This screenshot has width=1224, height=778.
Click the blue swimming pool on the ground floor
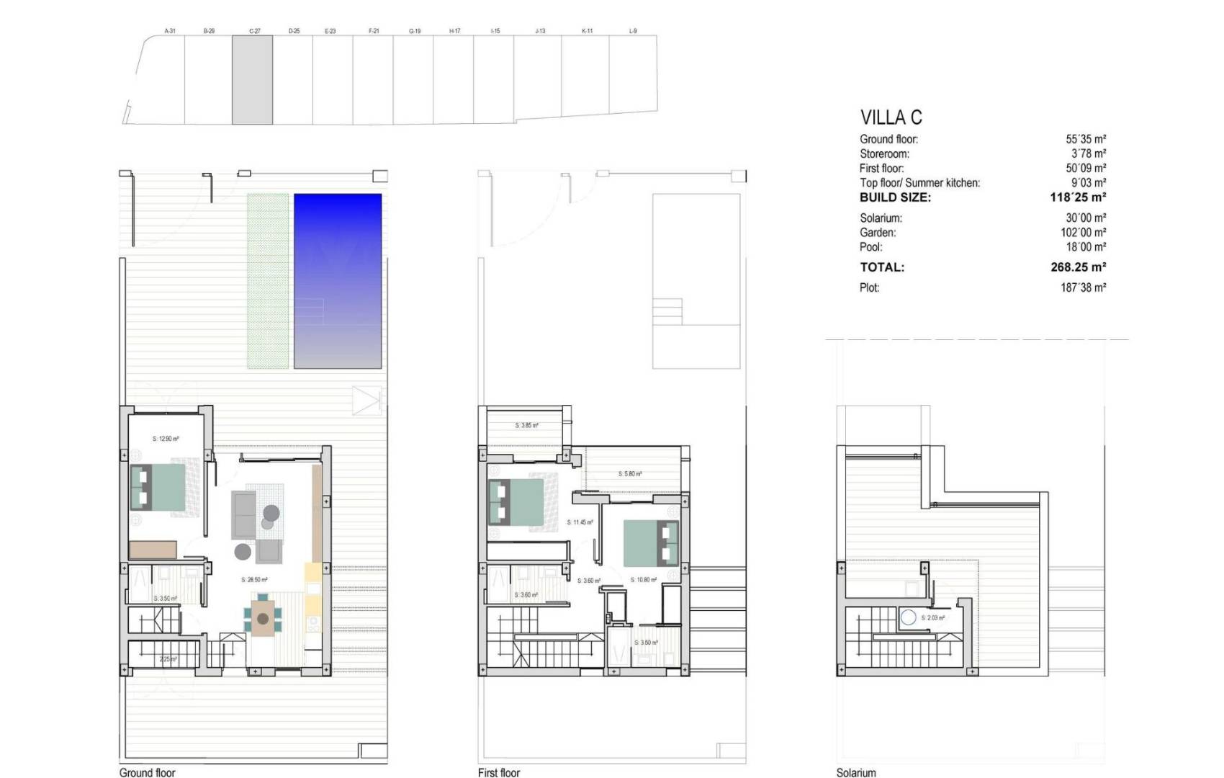(x=338, y=281)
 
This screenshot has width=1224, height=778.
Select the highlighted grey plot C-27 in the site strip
(x=252, y=80)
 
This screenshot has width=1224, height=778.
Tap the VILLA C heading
(x=891, y=117)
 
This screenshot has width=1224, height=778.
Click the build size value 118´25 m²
(x=1078, y=197)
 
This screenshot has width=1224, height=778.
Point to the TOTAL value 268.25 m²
(x=1078, y=267)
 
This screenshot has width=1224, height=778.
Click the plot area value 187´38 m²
(x=1083, y=287)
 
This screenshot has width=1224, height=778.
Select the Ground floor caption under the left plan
(x=148, y=772)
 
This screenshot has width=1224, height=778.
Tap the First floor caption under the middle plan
(x=499, y=772)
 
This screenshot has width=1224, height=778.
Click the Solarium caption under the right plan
(x=856, y=772)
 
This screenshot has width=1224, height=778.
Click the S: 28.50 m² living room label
(x=254, y=579)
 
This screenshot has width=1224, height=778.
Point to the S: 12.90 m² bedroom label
(x=166, y=438)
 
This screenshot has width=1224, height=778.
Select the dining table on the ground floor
(x=264, y=619)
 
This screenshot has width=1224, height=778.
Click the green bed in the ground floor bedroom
(x=160, y=488)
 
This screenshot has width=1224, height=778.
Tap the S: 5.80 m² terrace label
(x=630, y=474)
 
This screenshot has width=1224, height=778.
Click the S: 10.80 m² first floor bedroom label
(x=644, y=580)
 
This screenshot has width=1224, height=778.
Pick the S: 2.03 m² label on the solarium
(x=933, y=617)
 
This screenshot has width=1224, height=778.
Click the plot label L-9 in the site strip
(x=633, y=31)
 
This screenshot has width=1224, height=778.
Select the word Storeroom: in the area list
(x=884, y=154)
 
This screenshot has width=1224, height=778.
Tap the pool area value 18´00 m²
(x=1086, y=247)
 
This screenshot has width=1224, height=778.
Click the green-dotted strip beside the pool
(x=268, y=281)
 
